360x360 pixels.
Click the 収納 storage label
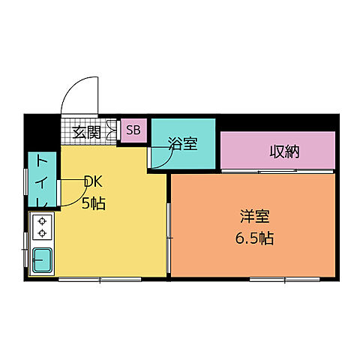[x=284, y=151]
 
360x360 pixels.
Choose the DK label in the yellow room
[x=93, y=181]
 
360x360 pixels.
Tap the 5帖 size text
[x=93, y=202]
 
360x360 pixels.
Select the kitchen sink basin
[x=42, y=260]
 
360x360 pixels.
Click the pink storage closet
[x=277, y=150]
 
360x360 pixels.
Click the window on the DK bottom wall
[x=100, y=279]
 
